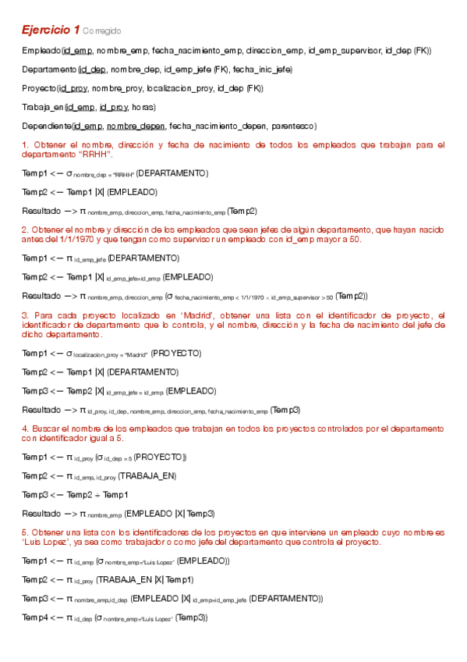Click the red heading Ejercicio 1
[50, 30]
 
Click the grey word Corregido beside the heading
[101, 31]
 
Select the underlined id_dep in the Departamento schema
[93, 69]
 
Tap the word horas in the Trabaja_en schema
[143, 107]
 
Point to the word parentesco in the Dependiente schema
[295, 126]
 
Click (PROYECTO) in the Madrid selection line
[175, 353]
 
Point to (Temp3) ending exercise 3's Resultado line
[285, 409]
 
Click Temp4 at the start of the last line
[35, 618]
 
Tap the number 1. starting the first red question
[26, 144]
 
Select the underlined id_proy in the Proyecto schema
[73, 88]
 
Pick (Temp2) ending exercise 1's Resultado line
[242, 211]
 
